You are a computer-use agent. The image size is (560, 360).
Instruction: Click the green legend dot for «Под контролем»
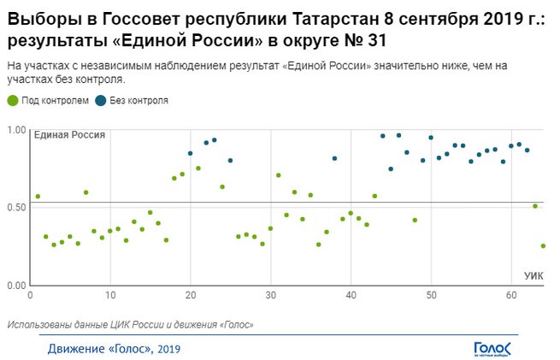[11, 100]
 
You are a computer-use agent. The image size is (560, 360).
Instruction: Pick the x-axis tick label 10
[109, 295]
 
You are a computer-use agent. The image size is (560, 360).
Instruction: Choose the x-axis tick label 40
[351, 295]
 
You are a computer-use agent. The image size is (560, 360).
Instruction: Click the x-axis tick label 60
[511, 295]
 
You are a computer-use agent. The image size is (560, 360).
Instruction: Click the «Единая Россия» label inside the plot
[69, 135]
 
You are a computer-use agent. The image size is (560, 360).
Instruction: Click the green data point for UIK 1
[38, 197]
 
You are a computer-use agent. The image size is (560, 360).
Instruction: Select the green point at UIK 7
[85, 192]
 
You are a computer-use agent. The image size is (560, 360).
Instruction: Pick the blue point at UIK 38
[334, 158]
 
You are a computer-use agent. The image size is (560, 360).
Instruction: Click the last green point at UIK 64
[543, 246]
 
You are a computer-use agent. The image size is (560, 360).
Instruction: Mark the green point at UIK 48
[415, 221]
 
